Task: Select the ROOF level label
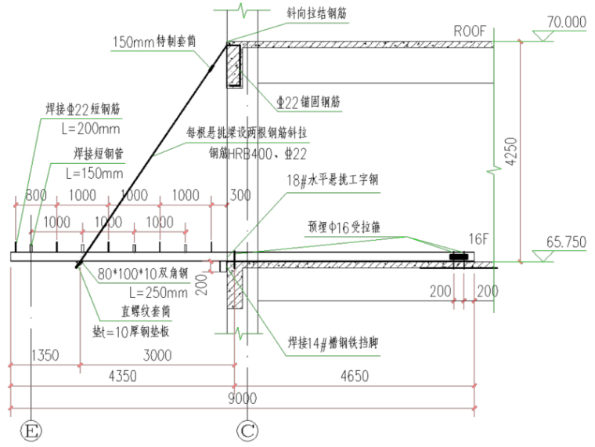pyautogui.click(x=470, y=31)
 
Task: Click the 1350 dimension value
pyautogui.click(x=45, y=355)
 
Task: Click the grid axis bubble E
pyautogui.click(x=30, y=429)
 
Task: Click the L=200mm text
pyautogui.click(x=87, y=129)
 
